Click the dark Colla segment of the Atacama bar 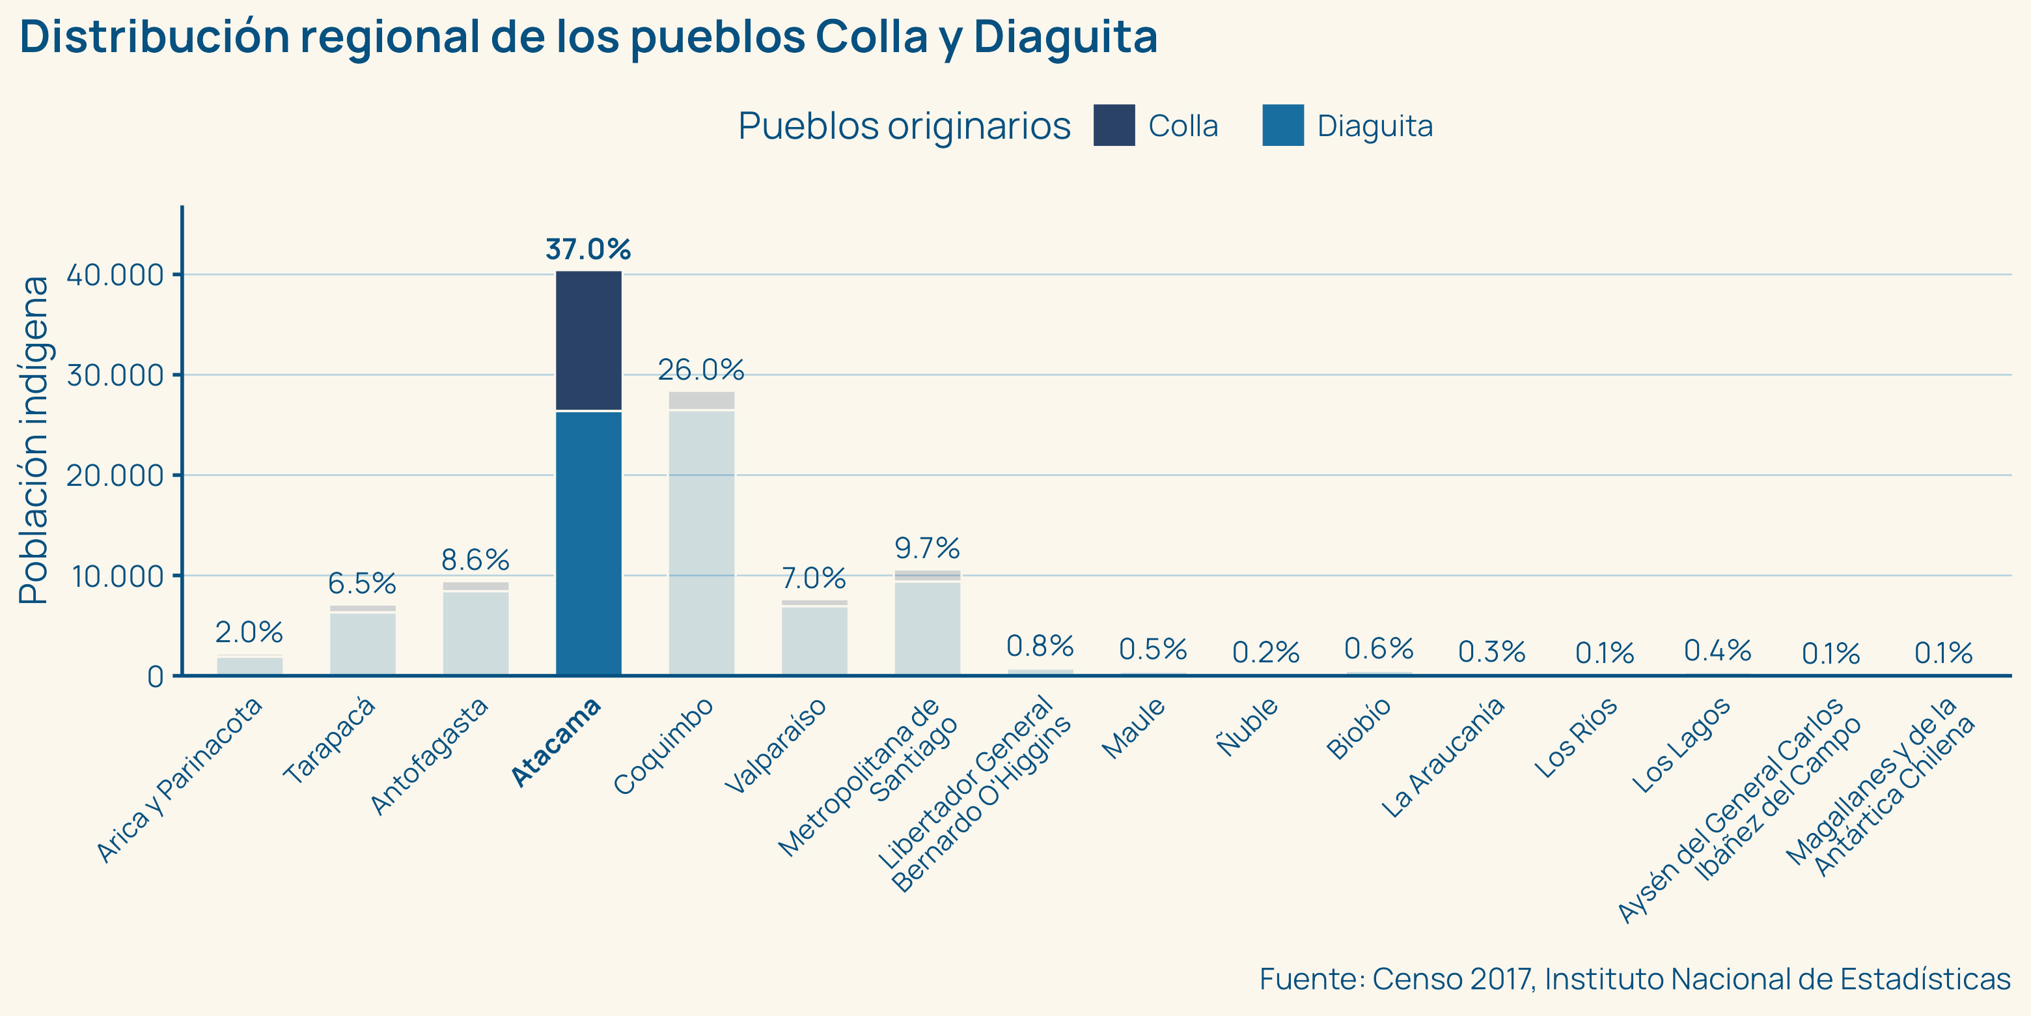[588, 341]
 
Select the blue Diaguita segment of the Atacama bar [588, 543]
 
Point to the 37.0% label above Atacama [588, 249]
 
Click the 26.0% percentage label [701, 369]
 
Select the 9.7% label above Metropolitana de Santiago [927, 548]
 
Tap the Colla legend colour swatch [1113, 126]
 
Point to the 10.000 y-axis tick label [117, 576]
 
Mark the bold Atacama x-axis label [556, 742]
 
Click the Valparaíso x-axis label [775, 746]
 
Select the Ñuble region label [1247, 726]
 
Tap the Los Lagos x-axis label [1681, 746]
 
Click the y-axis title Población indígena [33, 440]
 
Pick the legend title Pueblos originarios [904, 126]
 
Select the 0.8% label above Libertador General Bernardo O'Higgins [1040, 646]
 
